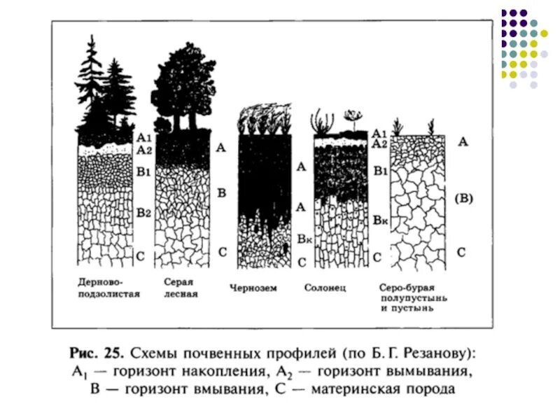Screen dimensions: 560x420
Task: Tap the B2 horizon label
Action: (143, 212)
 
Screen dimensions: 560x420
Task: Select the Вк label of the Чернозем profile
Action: (303, 239)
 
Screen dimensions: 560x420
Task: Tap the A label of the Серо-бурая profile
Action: (463, 142)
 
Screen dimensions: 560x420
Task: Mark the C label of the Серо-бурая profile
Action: (463, 252)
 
